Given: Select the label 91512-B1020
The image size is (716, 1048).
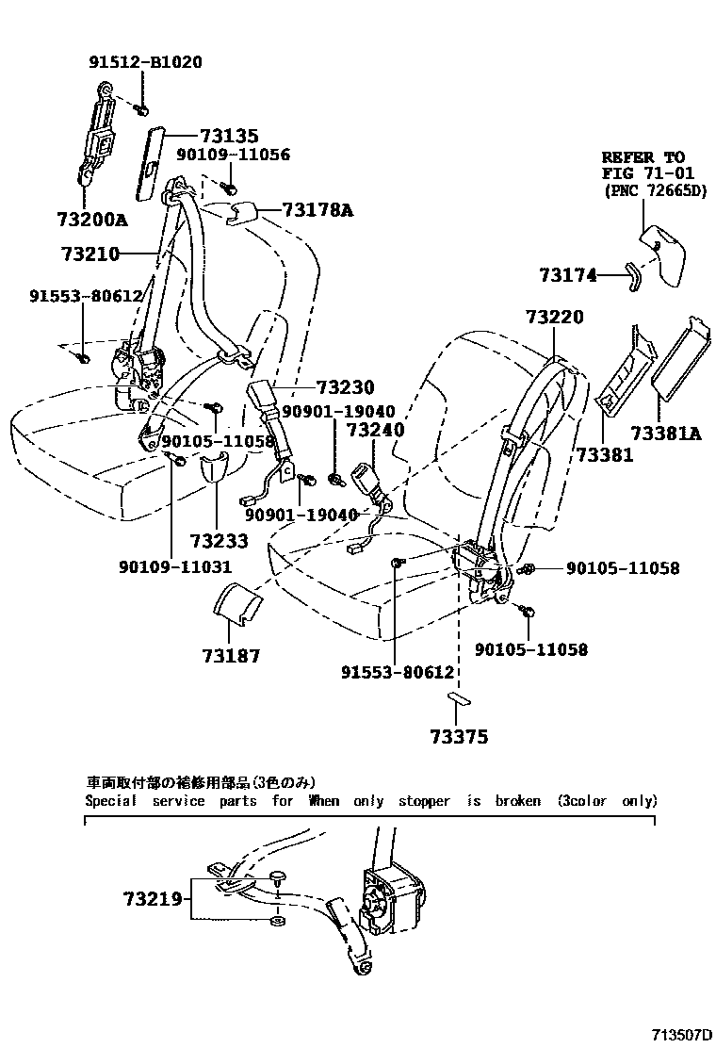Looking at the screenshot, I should [145, 63].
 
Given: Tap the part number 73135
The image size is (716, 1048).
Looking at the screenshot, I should [228, 137].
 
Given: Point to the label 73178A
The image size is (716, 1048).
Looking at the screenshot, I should [317, 210].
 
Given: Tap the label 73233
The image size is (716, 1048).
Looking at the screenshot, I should [219, 541].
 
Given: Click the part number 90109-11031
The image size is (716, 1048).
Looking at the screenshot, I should [175, 566].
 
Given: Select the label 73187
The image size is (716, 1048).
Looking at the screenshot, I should [230, 656].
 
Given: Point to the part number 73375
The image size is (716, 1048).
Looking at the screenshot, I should [459, 737].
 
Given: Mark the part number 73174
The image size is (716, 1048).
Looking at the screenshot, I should [568, 275].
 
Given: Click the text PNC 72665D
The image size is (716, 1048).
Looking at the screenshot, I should [657, 191].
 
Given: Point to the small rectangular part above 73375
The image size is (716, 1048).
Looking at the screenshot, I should [459, 699].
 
